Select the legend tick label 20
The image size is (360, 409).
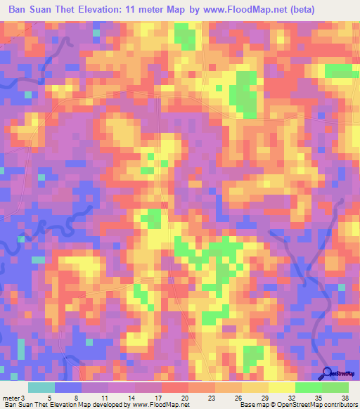(184, 397)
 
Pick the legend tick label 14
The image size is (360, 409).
(131, 397)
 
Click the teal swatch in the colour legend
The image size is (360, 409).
(41, 387)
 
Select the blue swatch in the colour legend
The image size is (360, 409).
(68, 387)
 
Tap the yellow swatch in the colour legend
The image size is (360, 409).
(281, 387)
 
